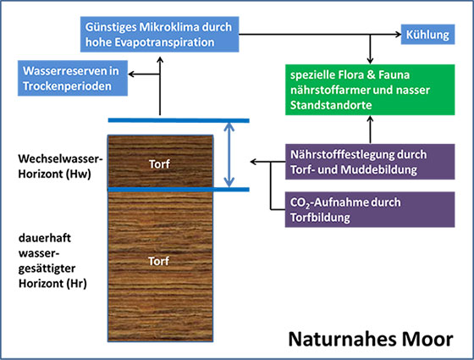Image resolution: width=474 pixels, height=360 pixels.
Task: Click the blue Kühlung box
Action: tap(427, 35)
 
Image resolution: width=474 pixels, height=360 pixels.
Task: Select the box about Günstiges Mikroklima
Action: tap(160, 34)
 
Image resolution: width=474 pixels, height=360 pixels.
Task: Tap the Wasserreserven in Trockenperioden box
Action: tap(73, 78)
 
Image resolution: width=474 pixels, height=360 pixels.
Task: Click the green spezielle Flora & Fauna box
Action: tap(370, 90)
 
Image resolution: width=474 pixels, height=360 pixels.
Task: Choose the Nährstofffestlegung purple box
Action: tap(370, 162)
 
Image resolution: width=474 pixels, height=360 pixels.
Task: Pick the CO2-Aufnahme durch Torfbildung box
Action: tap(370, 209)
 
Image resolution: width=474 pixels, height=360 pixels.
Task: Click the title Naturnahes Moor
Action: tap(371, 339)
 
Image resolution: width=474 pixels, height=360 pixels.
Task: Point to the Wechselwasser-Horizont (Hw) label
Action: tap(60, 166)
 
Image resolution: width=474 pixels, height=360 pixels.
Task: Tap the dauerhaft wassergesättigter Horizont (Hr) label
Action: tap(52, 261)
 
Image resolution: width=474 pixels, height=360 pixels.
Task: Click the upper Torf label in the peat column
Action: tap(159, 164)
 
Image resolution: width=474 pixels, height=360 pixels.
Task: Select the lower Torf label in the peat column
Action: tap(159, 261)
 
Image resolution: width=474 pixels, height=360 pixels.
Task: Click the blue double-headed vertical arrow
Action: tap(229, 155)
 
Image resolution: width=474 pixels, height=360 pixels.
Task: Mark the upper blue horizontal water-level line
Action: tap(179, 120)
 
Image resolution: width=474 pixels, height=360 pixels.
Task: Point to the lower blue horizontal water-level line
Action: tap(179, 190)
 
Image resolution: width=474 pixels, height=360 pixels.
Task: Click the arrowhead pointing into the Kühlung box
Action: tap(399, 34)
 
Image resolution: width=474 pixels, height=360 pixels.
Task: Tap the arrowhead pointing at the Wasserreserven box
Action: tap(131, 74)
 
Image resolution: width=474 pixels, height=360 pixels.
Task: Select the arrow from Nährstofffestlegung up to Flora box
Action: tap(370, 130)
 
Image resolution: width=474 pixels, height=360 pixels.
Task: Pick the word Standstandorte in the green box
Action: tap(331, 105)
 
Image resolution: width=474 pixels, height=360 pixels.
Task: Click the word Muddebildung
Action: tap(379, 169)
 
